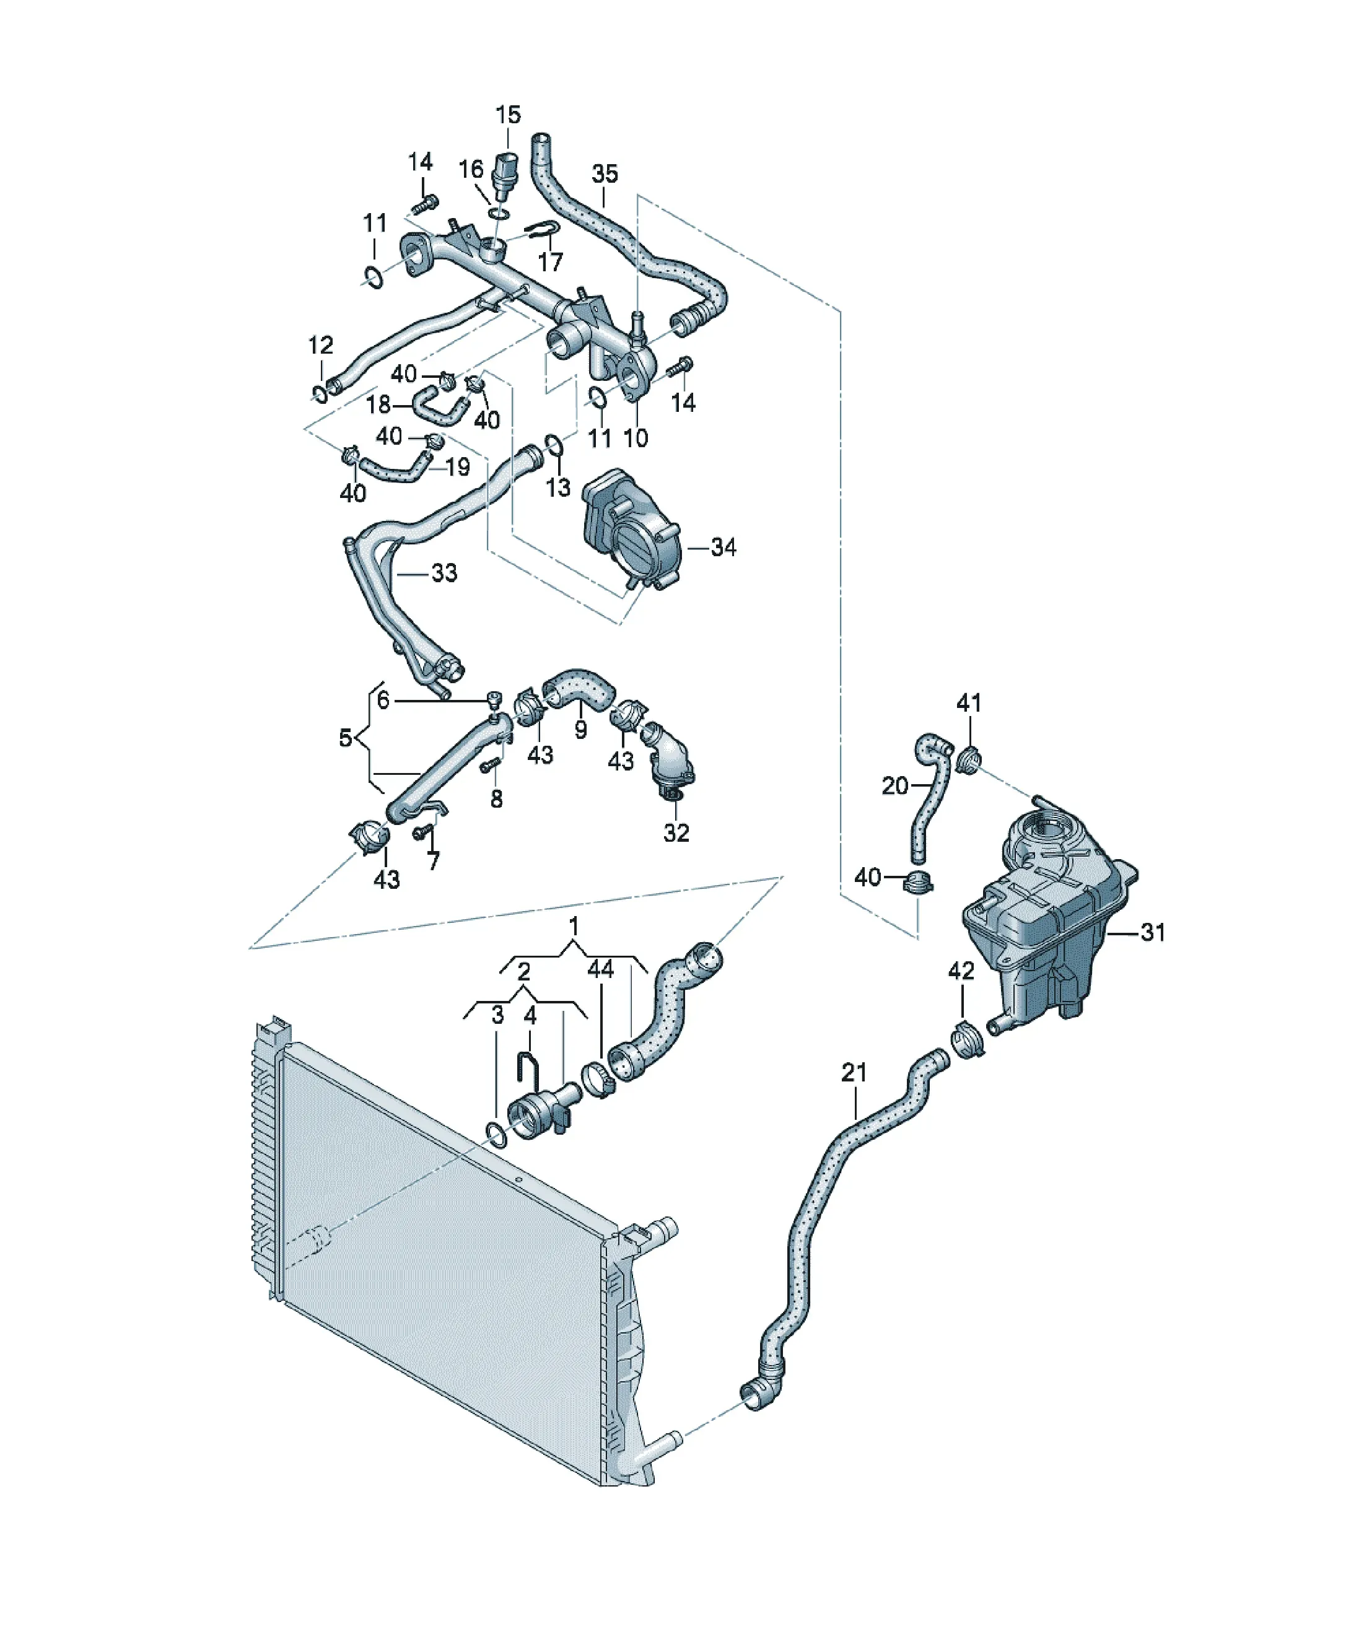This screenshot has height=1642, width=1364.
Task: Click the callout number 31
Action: [x=1153, y=932]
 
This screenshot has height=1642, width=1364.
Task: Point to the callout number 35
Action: [x=605, y=173]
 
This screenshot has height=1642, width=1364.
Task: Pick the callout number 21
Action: [x=854, y=1072]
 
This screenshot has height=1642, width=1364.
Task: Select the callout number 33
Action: [x=444, y=572]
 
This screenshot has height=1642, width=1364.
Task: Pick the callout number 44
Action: [x=601, y=969]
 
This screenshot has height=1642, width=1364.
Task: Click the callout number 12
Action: [x=321, y=345]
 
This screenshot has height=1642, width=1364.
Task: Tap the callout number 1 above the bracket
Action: [x=574, y=926]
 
